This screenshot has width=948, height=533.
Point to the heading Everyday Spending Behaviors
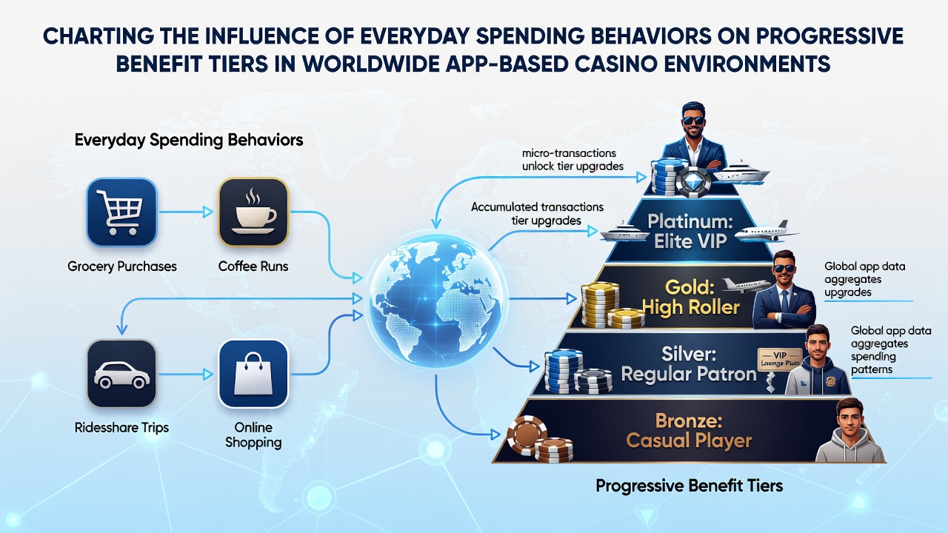pos(189,140)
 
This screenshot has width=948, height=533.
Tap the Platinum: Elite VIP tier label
pos(690,231)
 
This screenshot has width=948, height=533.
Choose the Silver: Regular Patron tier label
pos(689,363)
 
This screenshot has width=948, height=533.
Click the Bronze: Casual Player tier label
pos(689,431)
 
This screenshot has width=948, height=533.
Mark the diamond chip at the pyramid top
pos(692,181)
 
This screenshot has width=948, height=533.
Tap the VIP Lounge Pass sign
pos(778,360)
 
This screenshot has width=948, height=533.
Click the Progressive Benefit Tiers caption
pos(689,486)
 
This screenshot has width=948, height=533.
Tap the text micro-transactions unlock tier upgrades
pos(573,159)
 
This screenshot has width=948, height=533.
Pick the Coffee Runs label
pos(253,266)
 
